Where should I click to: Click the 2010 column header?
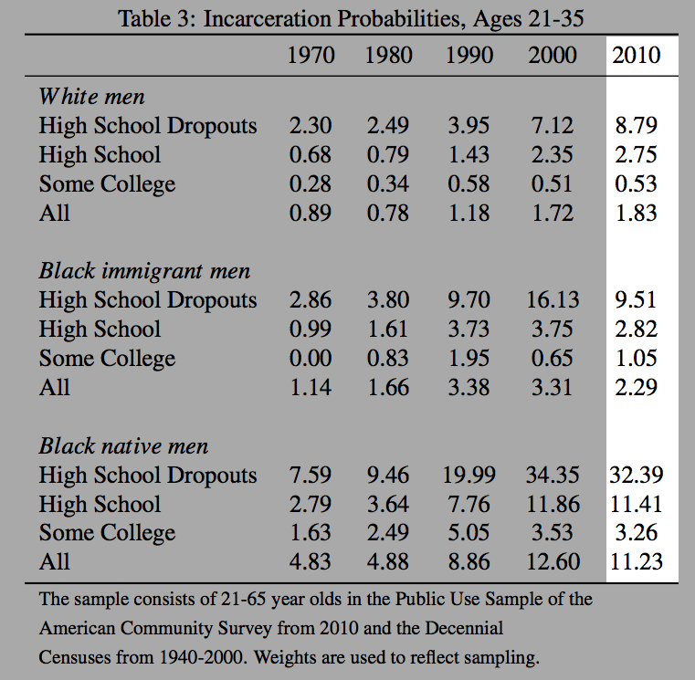point(637,55)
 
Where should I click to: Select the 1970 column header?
point(311,55)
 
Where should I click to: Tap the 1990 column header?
point(469,55)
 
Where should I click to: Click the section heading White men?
point(91,96)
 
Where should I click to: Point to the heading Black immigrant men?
point(144,271)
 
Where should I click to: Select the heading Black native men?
point(123,446)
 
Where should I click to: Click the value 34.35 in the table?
point(553,476)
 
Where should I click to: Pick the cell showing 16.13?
point(553,300)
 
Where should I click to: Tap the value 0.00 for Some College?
point(311,359)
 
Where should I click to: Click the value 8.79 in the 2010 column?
point(637,125)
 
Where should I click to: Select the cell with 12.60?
point(553,562)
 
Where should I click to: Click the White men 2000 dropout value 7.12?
point(553,125)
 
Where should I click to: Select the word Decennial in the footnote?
point(460,629)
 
